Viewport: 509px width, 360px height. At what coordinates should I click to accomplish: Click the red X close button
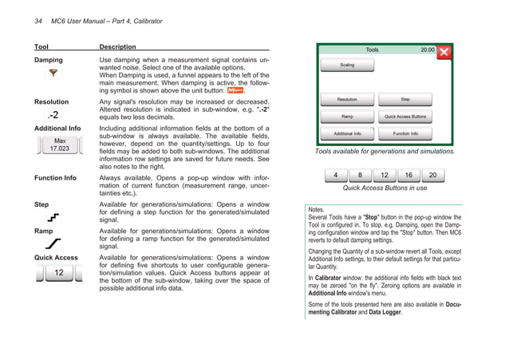pos(445,53)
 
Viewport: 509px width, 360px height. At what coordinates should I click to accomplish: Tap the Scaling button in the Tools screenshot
pos(348,65)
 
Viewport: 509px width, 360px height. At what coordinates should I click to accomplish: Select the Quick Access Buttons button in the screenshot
pos(405,117)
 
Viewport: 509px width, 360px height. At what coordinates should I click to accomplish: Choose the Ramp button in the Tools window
pos(348,117)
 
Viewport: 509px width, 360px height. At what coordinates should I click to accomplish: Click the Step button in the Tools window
pos(405,100)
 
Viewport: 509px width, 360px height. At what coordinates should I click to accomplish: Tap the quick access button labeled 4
pos(335,175)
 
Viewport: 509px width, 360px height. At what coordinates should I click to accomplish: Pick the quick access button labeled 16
pos(408,175)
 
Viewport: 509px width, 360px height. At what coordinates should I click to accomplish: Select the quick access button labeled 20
pos(433,175)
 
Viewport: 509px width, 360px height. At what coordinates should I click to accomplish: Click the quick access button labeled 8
pos(360,175)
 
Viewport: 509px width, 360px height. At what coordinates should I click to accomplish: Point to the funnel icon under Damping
pos(53,74)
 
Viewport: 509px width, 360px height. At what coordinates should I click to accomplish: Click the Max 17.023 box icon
pos(58,144)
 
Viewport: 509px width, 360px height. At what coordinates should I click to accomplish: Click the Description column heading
pos(117,47)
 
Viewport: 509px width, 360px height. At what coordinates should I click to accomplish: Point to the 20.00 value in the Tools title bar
pos(427,49)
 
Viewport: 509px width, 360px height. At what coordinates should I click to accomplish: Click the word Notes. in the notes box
pos(316,208)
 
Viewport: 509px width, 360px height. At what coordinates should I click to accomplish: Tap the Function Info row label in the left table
pos(55,179)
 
